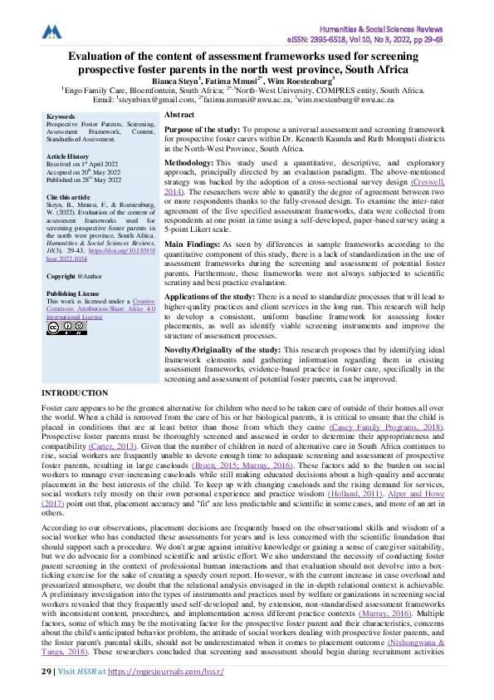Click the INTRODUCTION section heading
(x=75, y=392)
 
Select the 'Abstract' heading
(x=179, y=114)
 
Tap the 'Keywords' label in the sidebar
(x=62, y=117)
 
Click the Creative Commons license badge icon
(x=66, y=328)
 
